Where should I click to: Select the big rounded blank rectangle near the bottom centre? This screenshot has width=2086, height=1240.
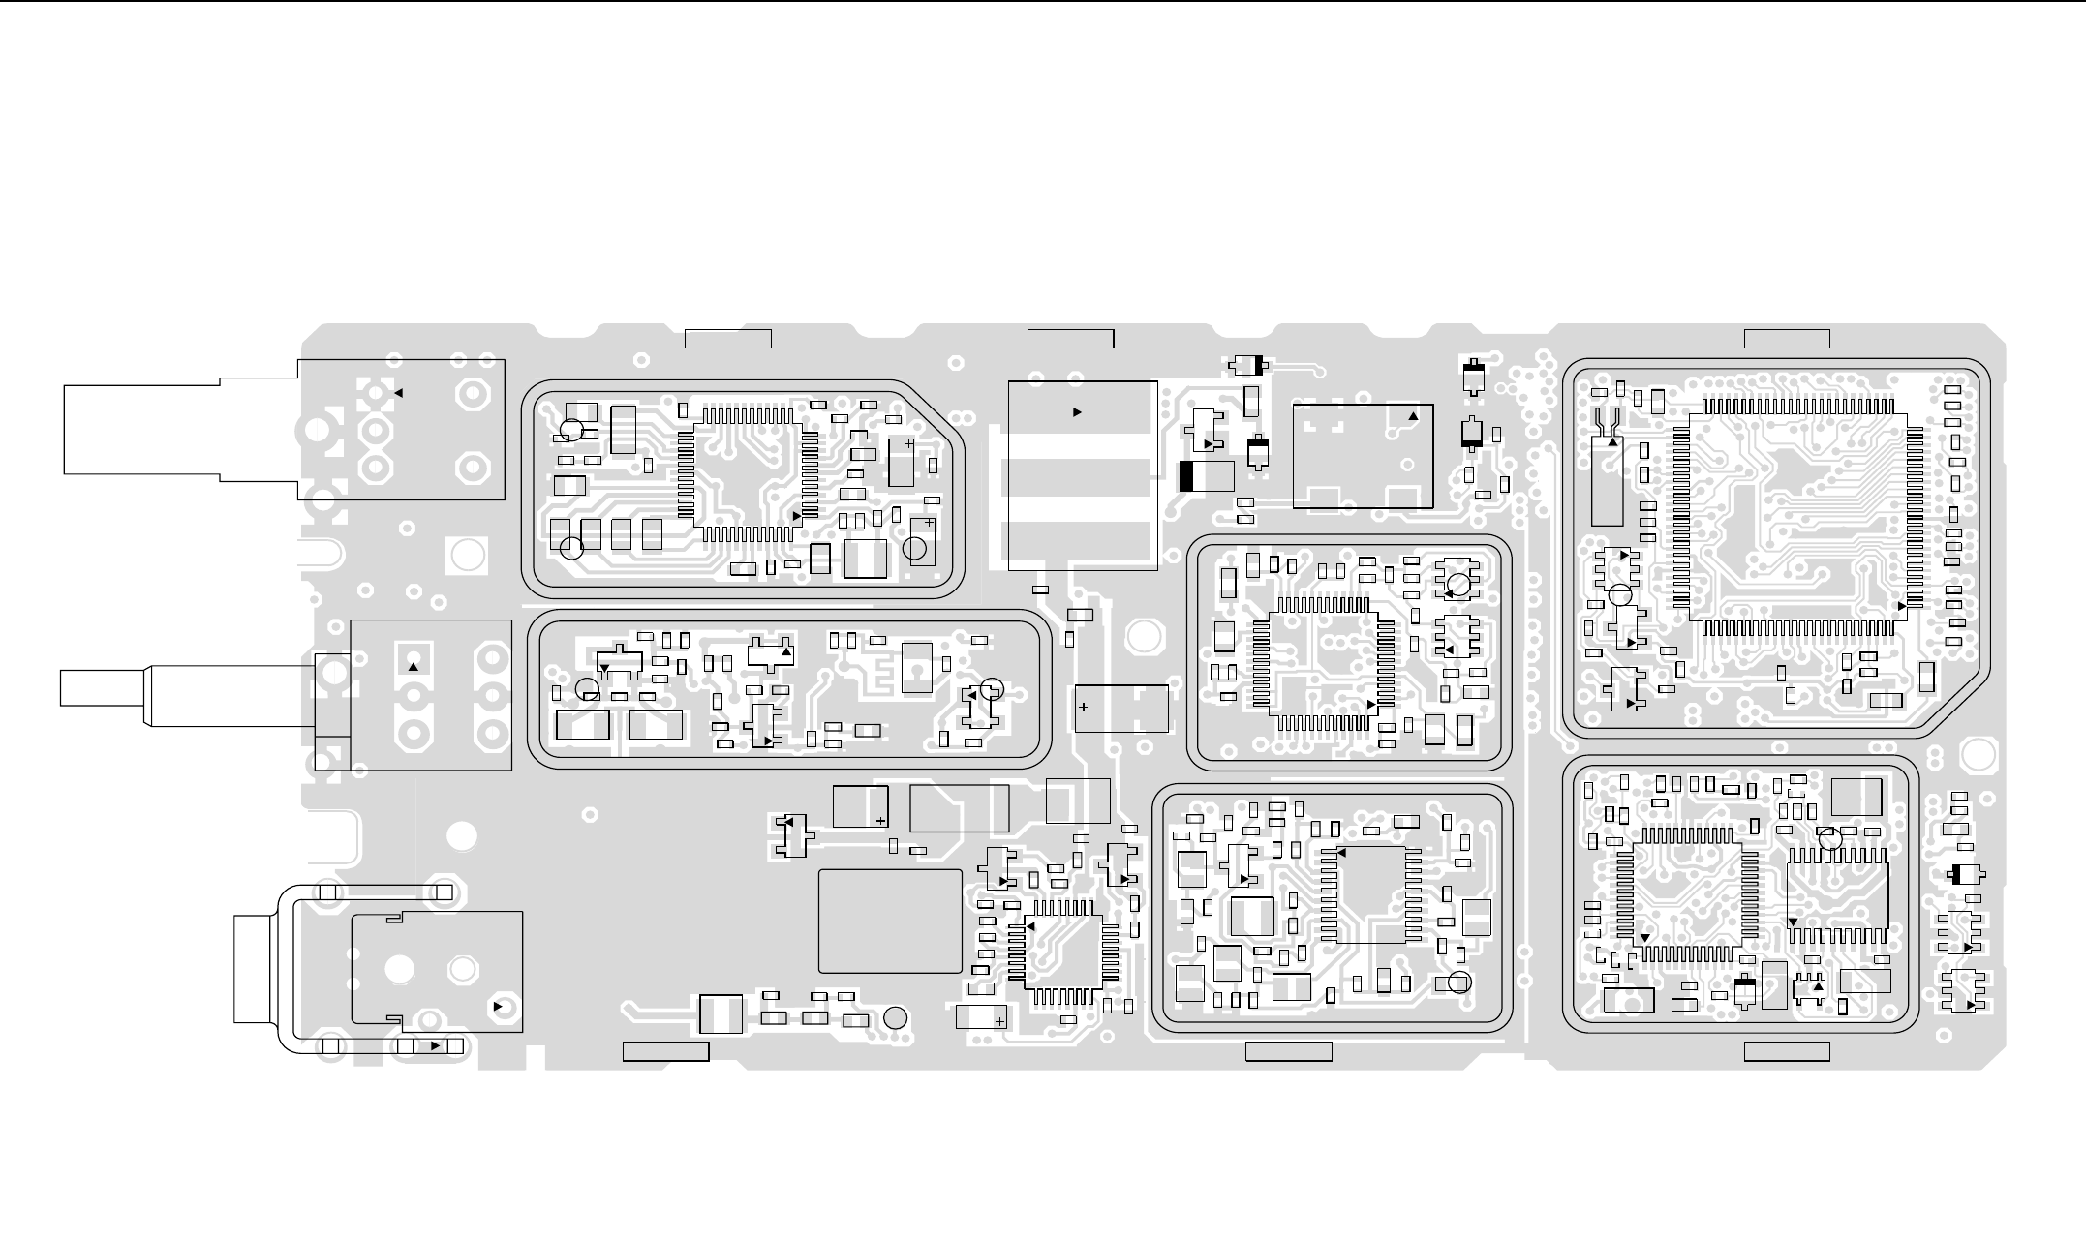[890, 921]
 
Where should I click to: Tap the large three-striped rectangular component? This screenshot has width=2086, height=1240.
[1083, 475]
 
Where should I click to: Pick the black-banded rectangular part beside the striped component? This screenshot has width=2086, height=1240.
[1207, 476]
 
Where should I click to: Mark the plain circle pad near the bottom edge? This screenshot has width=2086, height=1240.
[896, 1017]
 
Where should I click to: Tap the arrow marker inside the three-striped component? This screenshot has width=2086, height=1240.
[1077, 412]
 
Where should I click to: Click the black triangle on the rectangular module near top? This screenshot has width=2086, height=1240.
[1413, 416]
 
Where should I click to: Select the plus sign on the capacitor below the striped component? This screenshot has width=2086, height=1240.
[1084, 707]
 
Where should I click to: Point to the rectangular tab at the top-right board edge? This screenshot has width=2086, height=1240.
[1787, 339]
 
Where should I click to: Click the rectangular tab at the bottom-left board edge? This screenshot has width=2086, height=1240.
[665, 1051]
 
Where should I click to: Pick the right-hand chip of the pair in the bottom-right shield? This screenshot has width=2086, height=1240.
[1837, 893]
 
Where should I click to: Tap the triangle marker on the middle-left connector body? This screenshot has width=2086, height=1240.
[414, 667]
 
